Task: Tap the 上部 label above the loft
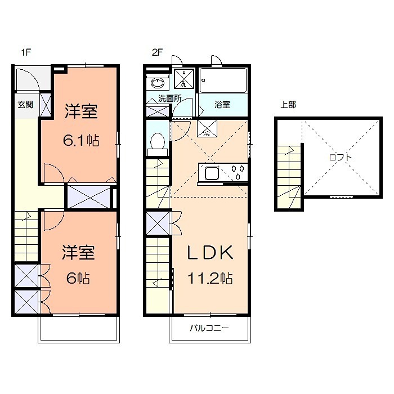coord(288,104)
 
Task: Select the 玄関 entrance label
coord(25,104)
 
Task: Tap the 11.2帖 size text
coord(210,278)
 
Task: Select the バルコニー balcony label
coord(209,328)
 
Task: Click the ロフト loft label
coord(341,158)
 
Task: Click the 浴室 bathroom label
coord(222,104)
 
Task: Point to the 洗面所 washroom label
coord(169,98)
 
